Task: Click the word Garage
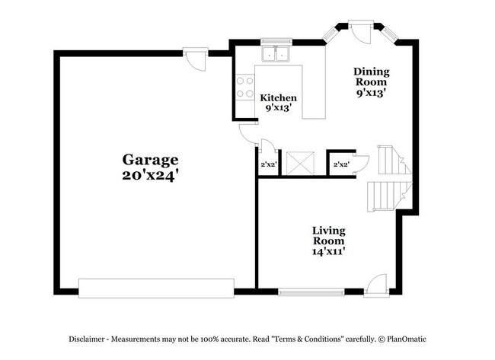click(x=151, y=160)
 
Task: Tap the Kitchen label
click(x=278, y=98)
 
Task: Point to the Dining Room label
click(x=371, y=77)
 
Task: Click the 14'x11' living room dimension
click(x=328, y=251)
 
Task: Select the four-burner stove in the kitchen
click(x=244, y=88)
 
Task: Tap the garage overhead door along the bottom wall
click(x=156, y=288)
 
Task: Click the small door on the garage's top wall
click(x=195, y=58)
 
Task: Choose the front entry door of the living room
click(x=375, y=286)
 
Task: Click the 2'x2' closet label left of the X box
click(x=268, y=163)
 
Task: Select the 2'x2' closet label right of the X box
click(x=341, y=163)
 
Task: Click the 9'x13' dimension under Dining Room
click(x=371, y=94)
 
